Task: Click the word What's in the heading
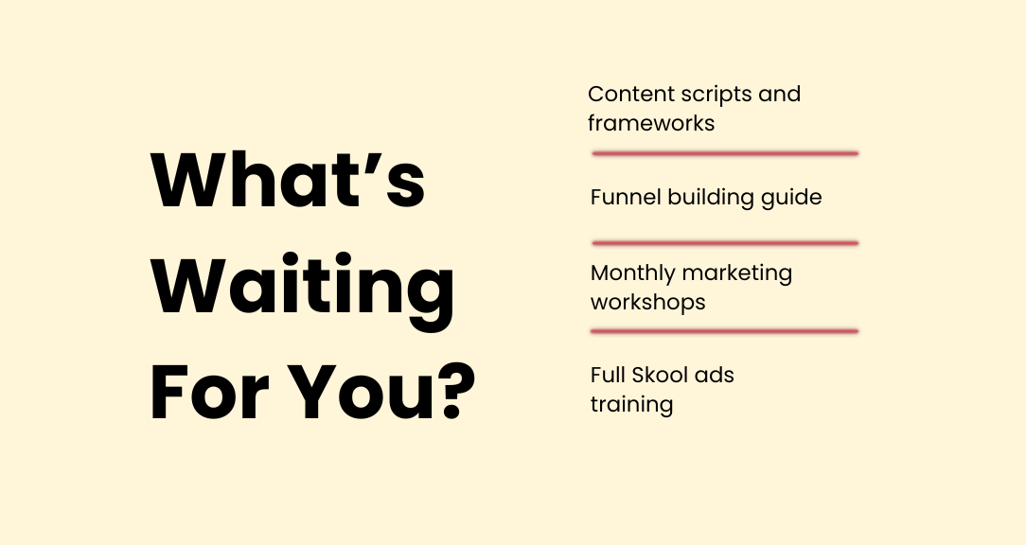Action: (x=288, y=179)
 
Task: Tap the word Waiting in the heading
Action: (x=303, y=288)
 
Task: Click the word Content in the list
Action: (x=630, y=94)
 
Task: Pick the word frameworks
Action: (x=651, y=122)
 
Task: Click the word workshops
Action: (x=647, y=303)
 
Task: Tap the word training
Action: (x=631, y=405)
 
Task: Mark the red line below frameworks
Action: (x=725, y=153)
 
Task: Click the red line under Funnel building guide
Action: (x=725, y=243)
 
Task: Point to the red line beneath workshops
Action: (x=724, y=332)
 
